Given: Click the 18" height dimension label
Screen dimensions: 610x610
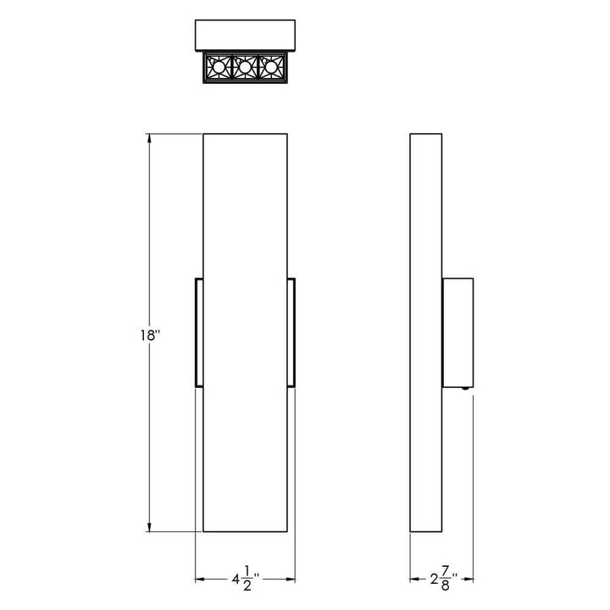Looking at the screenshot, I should (x=151, y=335).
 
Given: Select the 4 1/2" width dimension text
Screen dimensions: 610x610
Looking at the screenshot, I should (x=245, y=580).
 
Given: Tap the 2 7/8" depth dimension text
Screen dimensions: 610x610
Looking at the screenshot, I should (x=441, y=580).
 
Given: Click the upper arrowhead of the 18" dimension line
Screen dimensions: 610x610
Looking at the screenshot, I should (x=150, y=138).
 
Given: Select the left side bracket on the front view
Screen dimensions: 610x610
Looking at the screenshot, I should (x=199, y=332).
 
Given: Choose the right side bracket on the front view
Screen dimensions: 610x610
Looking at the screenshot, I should (x=291, y=332).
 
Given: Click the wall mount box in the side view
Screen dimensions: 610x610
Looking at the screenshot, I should (x=457, y=332).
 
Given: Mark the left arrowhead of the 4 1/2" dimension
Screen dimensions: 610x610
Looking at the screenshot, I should (x=200, y=580).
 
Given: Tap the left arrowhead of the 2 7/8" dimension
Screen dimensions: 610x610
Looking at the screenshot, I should (x=414, y=580).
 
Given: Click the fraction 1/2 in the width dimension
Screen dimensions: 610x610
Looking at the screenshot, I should (x=247, y=580).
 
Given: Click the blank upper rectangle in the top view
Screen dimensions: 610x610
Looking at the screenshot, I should (x=245, y=36).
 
